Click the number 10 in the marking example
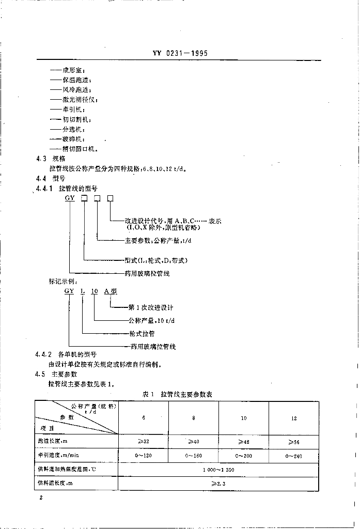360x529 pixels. pyautogui.click(x=94, y=292)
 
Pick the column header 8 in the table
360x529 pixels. pyautogui.click(x=194, y=418)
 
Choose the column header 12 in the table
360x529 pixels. pyautogui.click(x=293, y=418)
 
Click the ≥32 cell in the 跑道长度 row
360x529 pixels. pyautogui.click(x=144, y=442)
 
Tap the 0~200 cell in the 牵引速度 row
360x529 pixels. pyautogui.click(x=243, y=456)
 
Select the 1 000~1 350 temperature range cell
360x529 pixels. pyautogui.click(x=220, y=470)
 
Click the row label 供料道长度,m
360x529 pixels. pyautogui.click(x=55, y=483)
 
